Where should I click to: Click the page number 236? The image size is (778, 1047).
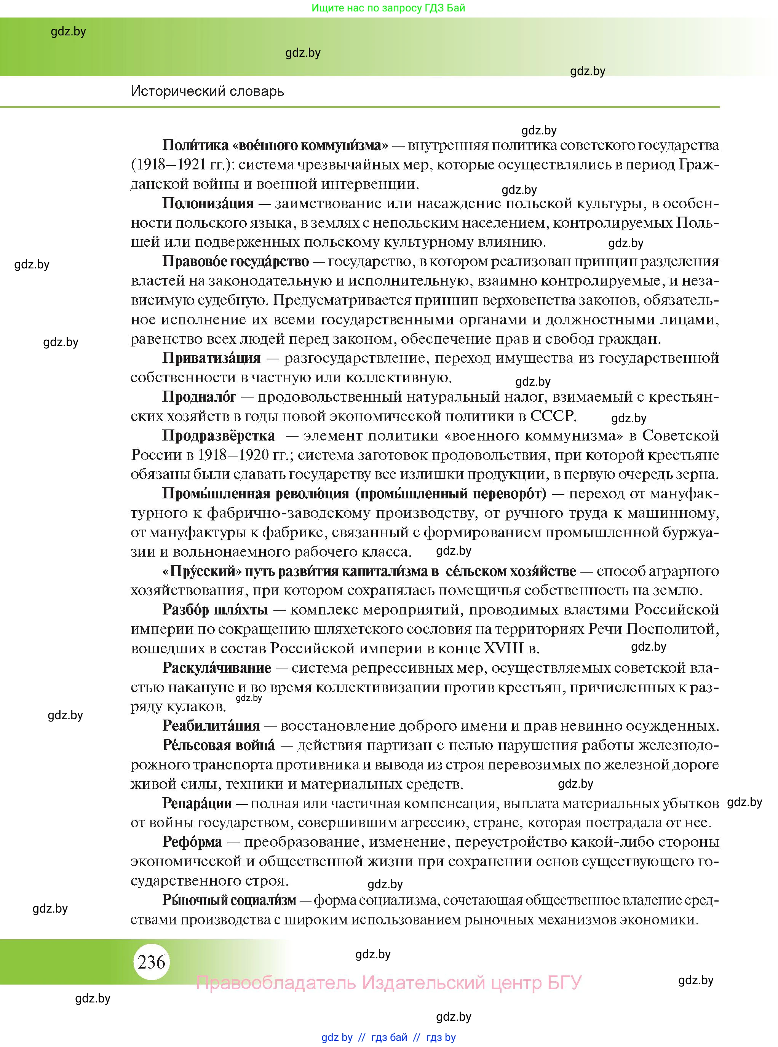tap(152, 962)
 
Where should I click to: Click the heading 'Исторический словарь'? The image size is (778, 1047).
tap(207, 91)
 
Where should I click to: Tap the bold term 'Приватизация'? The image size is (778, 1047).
tap(211, 358)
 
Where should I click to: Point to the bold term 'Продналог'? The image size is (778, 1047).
tap(199, 397)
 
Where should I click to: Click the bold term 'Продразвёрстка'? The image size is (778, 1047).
tap(219, 436)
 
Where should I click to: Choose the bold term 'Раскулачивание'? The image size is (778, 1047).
tap(217, 668)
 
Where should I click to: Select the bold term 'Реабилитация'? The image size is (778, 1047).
tap(211, 726)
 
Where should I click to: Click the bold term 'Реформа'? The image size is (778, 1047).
tap(192, 842)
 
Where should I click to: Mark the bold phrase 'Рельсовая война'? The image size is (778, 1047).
tap(219, 745)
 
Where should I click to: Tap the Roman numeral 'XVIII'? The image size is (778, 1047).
tap(503, 649)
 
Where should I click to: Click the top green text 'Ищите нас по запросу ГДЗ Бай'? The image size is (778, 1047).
tap(388, 8)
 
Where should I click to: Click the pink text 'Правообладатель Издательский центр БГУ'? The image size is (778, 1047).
tap(388, 983)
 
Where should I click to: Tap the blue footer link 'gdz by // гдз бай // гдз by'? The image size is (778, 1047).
tap(388, 1037)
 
